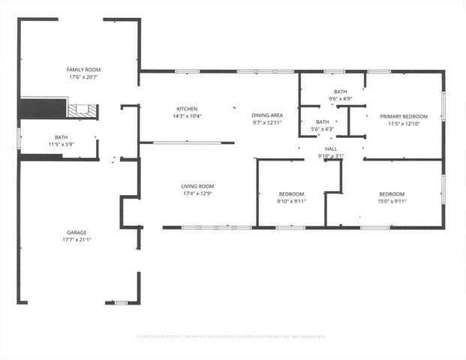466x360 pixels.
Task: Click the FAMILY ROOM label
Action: pyautogui.click(x=78, y=69)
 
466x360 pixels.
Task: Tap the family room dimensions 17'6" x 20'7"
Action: pyautogui.click(x=78, y=76)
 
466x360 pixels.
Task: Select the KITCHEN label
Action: pyautogui.click(x=187, y=109)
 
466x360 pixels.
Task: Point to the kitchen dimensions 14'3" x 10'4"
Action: pyautogui.click(x=187, y=116)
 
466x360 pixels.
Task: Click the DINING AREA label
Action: pyautogui.click(x=266, y=115)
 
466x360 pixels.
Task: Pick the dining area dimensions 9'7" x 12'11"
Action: pyautogui.click(x=266, y=122)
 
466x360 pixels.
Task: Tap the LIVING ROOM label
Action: pyautogui.click(x=197, y=186)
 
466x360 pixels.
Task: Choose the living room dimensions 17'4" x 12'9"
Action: pyautogui.click(x=197, y=193)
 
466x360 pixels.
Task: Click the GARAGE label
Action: pyautogui.click(x=75, y=233)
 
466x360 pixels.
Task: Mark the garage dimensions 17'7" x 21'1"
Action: pyautogui.click(x=75, y=241)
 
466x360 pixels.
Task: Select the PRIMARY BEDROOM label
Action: pyautogui.click(x=403, y=116)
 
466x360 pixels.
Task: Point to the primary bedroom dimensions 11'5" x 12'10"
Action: pyautogui.click(x=403, y=124)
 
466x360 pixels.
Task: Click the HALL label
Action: pyautogui.click(x=331, y=148)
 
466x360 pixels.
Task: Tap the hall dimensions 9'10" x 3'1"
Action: pyautogui.click(x=331, y=156)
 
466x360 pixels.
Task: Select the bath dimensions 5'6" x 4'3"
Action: pyautogui.click(x=322, y=129)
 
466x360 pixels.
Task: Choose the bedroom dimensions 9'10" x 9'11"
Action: pyautogui.click(x=290, y=201)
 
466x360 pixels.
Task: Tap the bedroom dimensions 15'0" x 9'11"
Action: pyautogui.click(x=392, y=201)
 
